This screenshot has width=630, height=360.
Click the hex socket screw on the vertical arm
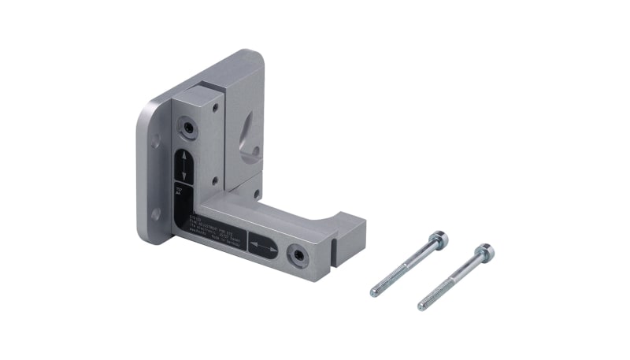188,126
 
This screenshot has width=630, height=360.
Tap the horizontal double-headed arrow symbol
264,247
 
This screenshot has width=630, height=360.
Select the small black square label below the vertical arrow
180,191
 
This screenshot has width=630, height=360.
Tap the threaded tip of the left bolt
375,291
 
